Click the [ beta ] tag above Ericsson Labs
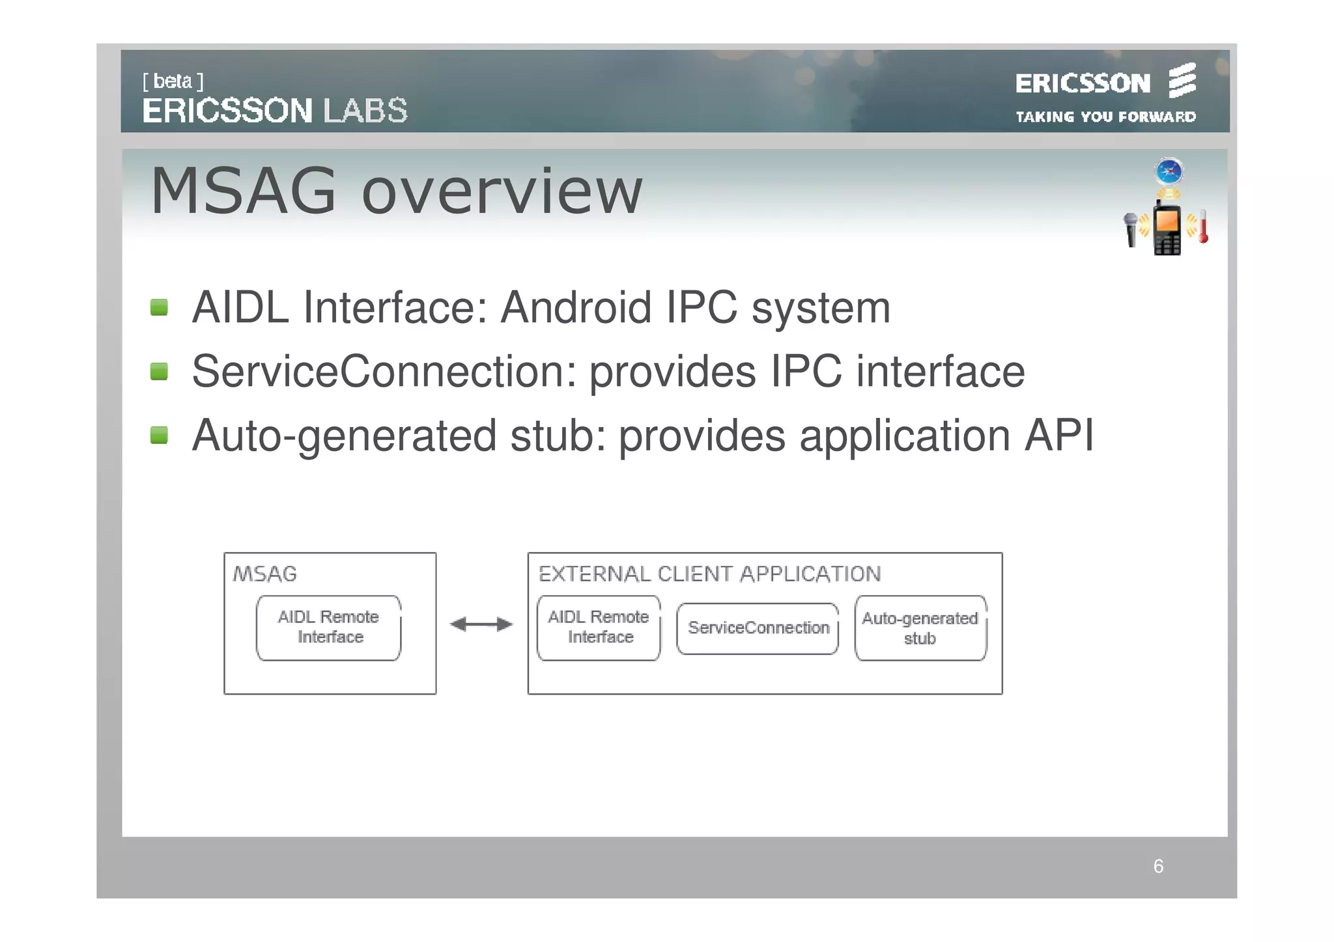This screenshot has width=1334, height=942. click(x=173, y=81)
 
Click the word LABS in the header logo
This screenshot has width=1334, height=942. click(x=365, y=111)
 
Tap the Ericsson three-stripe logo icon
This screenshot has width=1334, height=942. click(x=1182, y=81)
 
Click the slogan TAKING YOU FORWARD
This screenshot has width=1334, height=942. click(x=1105, y=117)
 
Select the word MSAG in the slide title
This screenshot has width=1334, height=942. click(x=243, y=191)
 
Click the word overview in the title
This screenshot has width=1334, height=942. click(x=502, y=191)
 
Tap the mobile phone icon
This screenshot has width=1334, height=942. click(x=1167, y=229)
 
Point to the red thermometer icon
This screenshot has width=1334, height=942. click(x=1203, y=227)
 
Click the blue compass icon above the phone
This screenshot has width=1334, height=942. click(x=1169, y=172)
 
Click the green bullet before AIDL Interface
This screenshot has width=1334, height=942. click(x=159, y=307)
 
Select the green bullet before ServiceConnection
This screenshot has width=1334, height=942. click(x=159, y=372)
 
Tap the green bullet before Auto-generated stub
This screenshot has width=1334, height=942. click(x=159, y=435)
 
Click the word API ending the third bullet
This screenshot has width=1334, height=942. click(x=1059, y=435)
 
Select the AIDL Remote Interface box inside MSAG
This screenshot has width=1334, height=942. click(x=329, y=628)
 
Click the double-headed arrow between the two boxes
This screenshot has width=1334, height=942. click(x=481, y=624)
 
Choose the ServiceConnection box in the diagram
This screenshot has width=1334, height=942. click(x=758, y=628)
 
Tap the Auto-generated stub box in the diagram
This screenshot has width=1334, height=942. click(x=920, y=628)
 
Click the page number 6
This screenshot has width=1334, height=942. click(x=1158, y=866)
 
